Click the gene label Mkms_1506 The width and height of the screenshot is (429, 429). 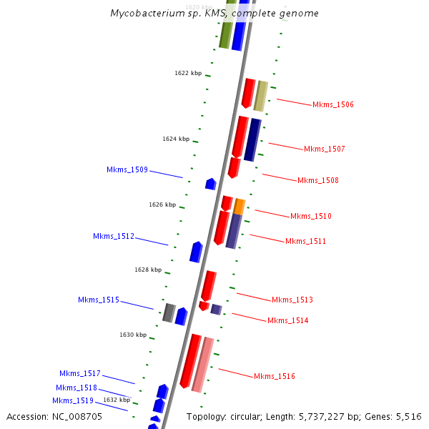332,104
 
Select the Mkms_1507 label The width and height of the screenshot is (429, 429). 324,149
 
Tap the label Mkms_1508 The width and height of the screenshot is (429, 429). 317,180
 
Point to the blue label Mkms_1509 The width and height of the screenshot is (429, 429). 127,169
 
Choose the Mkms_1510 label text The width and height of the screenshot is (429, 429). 310,216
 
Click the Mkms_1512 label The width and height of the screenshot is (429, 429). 114,236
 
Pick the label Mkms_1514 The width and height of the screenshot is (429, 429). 287,320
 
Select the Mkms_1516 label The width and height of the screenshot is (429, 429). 274,376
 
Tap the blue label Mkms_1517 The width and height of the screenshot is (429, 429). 80,373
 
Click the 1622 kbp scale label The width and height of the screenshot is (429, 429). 188,73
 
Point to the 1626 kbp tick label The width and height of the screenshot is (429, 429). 162,204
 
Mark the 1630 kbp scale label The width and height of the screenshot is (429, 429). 133,335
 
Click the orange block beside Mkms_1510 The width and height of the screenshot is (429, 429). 240,207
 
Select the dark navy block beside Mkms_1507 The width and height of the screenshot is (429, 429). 252,139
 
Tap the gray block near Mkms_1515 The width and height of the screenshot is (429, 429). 169,312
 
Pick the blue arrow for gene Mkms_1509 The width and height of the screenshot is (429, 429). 211,184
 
